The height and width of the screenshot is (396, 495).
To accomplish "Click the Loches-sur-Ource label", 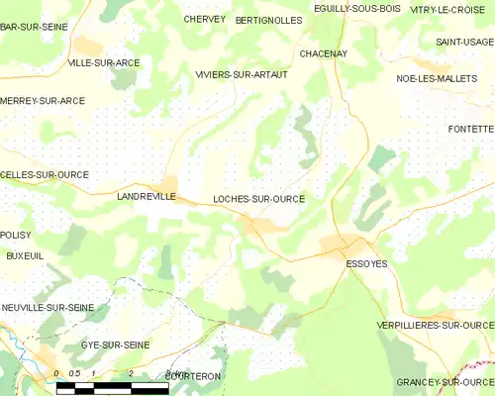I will (x=258, y=199).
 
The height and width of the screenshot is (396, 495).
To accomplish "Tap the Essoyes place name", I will (x=366, y=263).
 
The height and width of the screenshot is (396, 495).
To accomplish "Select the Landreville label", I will (x=146, y=197).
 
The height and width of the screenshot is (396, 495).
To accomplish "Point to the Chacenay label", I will (x=323, y=53).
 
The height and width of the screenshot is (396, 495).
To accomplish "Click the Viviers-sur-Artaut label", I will (x=242, y=74).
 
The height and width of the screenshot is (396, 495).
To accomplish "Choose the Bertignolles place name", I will (x=268, y=20).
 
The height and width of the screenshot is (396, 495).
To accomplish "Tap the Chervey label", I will (x=204, y=19).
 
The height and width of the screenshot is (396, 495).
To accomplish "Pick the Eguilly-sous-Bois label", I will (x=343, y=9).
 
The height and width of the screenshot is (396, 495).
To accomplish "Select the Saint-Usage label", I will (x=464, y=42).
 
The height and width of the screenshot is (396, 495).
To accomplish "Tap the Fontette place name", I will (x=470, y=129).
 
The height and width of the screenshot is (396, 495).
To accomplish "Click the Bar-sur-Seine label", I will (x=34, y=27).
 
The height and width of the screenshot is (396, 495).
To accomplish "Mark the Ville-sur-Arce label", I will (x=103, y=62).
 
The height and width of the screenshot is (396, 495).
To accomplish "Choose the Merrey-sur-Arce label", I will (x=43, y=100).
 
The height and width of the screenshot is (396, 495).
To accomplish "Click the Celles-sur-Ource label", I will (x=45, y=174).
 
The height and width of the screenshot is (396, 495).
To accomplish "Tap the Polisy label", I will (x=16, y=235).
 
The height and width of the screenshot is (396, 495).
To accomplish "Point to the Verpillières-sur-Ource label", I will (x=435, y=325).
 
